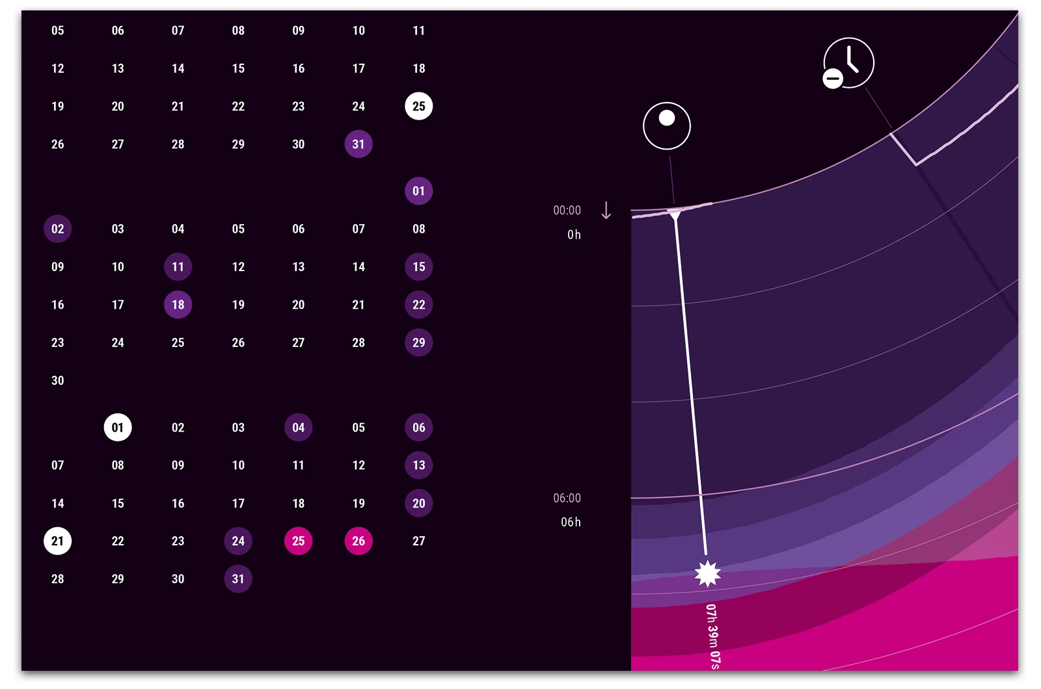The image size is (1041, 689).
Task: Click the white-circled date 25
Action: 418,106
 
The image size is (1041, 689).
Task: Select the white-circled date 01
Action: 118,427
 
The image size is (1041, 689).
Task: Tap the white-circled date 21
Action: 57,541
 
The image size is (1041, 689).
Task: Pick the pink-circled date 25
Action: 298,541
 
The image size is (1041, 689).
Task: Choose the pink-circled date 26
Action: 358,541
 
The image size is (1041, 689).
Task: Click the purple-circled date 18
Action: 178,304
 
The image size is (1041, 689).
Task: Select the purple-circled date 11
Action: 178,266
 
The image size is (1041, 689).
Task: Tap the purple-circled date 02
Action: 57,229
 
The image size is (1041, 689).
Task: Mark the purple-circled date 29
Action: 418,343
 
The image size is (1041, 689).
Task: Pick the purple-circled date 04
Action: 298,427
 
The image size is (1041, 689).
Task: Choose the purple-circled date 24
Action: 238,541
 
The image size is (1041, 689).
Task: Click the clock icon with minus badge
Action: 848,63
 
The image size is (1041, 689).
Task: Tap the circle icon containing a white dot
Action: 666,125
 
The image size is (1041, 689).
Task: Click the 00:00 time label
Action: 567,210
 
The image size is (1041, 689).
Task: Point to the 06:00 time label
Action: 567,498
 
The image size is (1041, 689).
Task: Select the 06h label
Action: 571,522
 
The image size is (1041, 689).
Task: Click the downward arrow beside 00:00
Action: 606,210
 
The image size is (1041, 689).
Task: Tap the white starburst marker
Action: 707,573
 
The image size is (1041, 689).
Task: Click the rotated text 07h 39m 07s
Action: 712,636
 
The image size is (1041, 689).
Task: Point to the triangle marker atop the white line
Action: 675,215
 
